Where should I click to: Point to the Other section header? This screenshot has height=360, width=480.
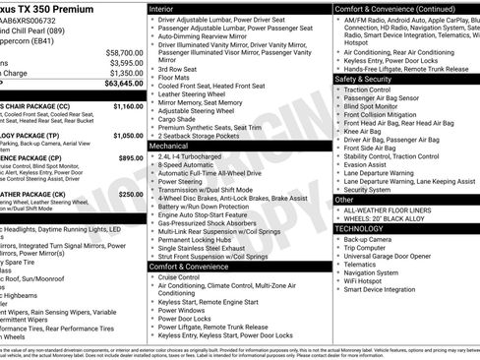click(344, 199)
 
